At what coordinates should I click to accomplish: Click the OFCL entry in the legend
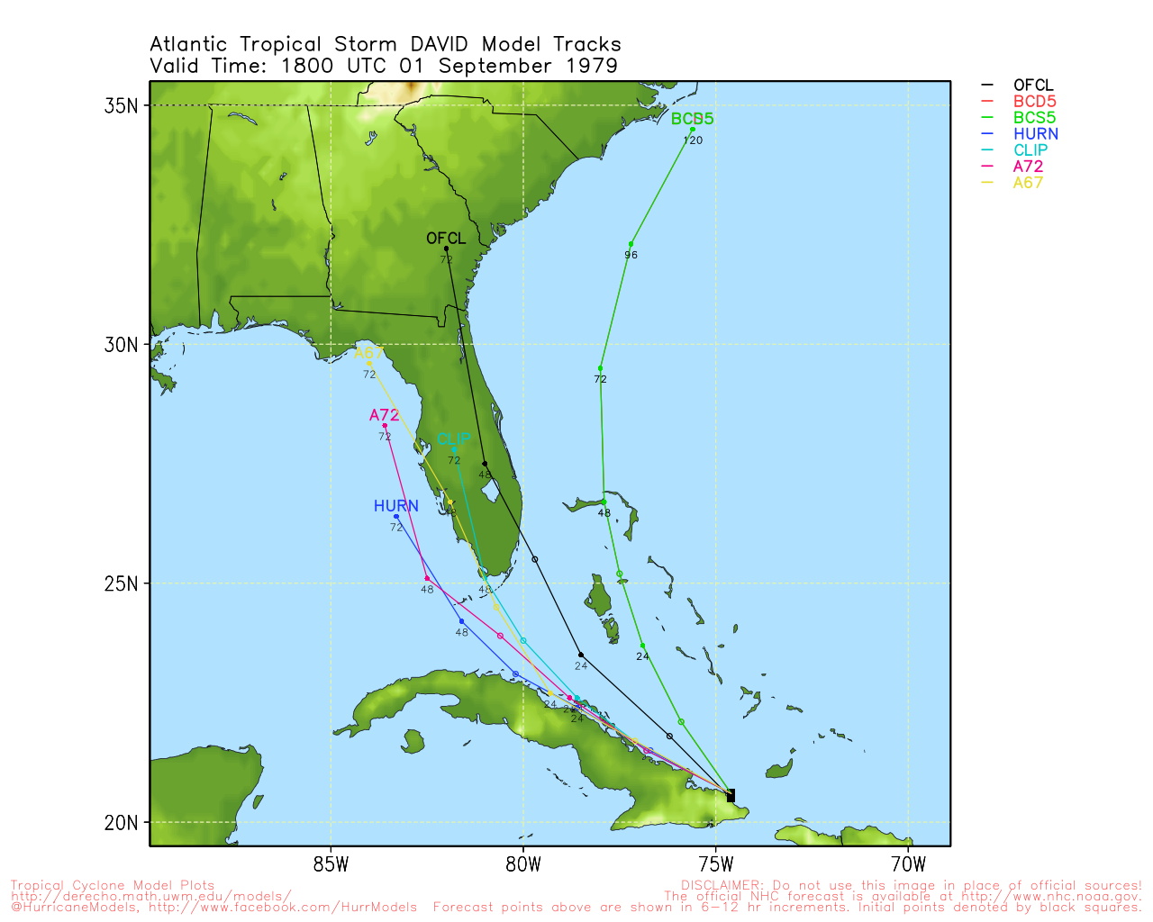(x=1032, y=86)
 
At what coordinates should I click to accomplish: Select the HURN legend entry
(x=1035, y=134)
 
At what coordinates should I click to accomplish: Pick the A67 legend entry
(x=1027, y=183)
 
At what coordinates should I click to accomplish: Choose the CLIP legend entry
(x=1030, y=150)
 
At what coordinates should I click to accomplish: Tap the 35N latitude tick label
(x=121, y=105)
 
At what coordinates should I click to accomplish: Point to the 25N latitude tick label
(x=121, y=583)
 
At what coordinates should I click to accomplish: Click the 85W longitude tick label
(x=331, y=865)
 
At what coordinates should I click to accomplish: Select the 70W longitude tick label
(x=908, y=865)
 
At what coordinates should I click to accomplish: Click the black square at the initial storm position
(x=730, y=795)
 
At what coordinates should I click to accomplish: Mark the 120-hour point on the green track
(x=692, y=130)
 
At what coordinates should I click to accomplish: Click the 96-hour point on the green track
(x=631, y=244)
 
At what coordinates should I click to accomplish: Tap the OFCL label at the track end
(x=446, y=239)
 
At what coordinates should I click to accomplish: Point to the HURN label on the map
(x=396, y=506)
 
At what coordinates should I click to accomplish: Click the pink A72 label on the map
(x=385, y=415)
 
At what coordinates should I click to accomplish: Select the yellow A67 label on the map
(x=369, y=353)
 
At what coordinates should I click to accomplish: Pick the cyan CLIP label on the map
(x=453, y=439)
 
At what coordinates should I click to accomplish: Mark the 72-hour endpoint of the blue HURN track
(x=396, y=517)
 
